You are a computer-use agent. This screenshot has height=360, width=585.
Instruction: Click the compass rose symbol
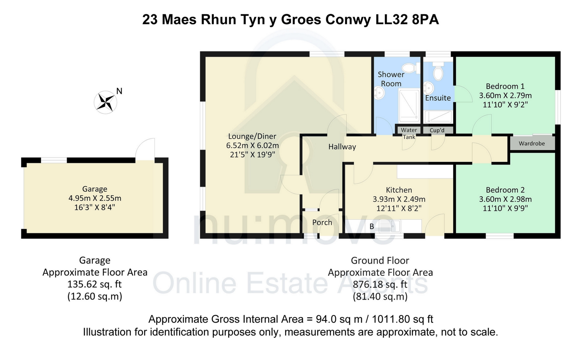tap(105, 102)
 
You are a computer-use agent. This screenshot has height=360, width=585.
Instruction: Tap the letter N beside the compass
tap(119, 91)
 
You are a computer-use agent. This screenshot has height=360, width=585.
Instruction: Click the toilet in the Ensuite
tap(438, 71)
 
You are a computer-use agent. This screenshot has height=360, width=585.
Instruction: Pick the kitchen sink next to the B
tap(389, 226)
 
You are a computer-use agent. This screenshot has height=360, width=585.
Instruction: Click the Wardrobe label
tap(532, 143)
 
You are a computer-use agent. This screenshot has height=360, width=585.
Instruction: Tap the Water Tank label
tap(409, 133)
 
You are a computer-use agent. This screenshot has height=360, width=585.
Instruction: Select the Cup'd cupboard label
tap(437, 130)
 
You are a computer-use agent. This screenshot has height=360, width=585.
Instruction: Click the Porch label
tap(322, 222)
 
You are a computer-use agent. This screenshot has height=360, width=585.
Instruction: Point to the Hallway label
tap(342, 147)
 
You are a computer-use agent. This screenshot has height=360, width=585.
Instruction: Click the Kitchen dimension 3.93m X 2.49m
tap(399, 199)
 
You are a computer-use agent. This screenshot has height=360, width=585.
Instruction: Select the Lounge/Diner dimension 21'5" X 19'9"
tap(252, 155)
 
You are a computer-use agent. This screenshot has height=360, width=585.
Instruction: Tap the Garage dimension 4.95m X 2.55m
tap(95, 198)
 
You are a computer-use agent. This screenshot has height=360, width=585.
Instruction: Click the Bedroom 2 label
tap(505, 190)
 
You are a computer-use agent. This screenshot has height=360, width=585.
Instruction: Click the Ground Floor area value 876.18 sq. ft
tap(380, 285)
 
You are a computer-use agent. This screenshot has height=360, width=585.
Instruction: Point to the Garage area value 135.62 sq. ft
tap(94, 284)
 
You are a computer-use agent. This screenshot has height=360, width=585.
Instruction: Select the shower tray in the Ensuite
tap(438, 117)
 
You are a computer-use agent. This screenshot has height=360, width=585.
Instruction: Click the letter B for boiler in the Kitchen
tap(372, 227)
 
